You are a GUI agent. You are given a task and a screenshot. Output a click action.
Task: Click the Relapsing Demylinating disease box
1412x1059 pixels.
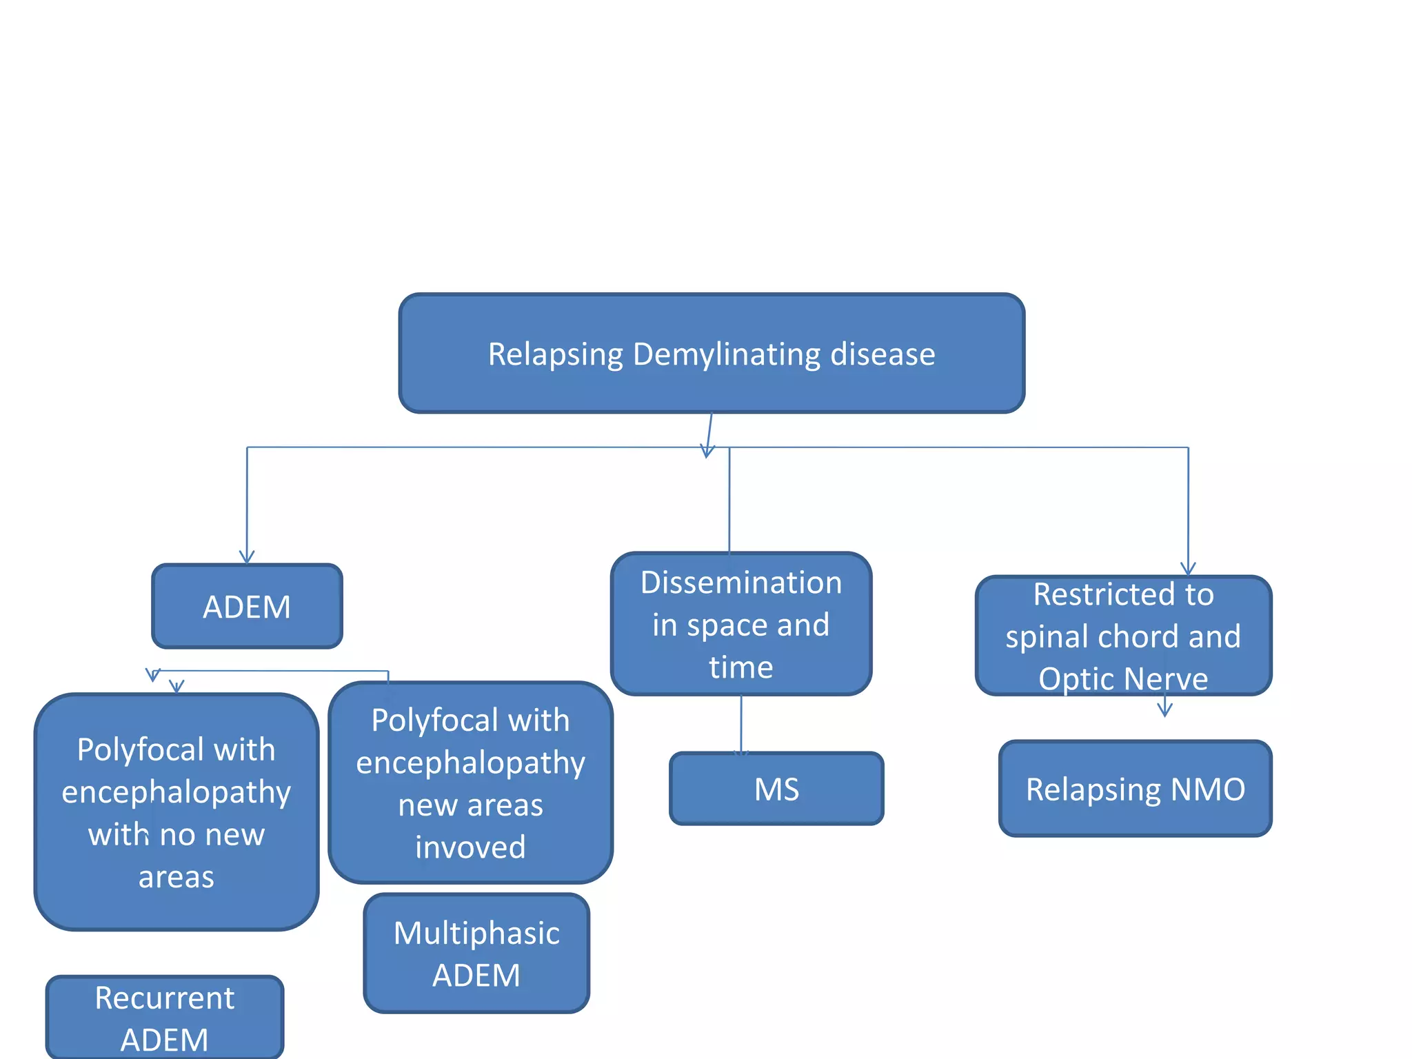click(x=712, y=354)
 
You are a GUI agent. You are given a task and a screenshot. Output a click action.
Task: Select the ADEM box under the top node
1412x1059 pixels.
click(x=247, y=607)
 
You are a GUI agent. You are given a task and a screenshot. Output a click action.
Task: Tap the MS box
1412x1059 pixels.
click(x=776, y=789)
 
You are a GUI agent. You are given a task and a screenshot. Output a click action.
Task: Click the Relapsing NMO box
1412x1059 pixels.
click(x=1135, y=789)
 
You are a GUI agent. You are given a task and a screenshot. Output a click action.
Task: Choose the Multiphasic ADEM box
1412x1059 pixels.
click(x=476, y=954)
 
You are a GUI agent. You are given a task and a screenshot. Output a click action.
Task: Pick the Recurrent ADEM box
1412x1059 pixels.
click(x=165, y=1018)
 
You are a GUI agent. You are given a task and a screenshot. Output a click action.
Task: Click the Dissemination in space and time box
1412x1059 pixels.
click(x=741, y=624)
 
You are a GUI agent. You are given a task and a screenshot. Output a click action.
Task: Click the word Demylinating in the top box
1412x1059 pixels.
click(x=727, y=354)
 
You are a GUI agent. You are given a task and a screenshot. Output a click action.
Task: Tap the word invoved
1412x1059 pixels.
click(x=470, y=847)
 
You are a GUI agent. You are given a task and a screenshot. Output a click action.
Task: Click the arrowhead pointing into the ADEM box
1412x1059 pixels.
click(x=247, y=557)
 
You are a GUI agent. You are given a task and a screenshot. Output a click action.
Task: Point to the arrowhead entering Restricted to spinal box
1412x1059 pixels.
click(x=1188, y=569)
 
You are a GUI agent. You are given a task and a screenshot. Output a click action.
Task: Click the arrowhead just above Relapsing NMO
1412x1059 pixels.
click(x=1164, y=710)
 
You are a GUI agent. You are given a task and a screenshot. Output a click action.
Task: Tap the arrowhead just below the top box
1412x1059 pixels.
click(x=707, y=452)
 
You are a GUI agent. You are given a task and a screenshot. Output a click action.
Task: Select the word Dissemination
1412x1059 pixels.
click(x=741, y=583)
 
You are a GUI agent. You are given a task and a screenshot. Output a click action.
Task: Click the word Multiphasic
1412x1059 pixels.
click(x=476, y=934)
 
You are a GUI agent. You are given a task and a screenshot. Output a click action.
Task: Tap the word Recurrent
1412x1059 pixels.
click(x=165, y=998)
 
